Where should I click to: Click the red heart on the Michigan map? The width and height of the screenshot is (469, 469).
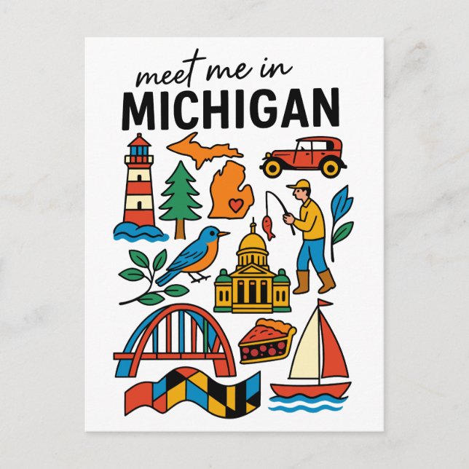[235, 205]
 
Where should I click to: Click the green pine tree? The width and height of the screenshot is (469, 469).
[180, 193]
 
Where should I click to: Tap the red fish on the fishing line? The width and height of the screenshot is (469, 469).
[268, 226]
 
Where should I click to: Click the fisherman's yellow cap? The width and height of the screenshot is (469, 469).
[296, 186]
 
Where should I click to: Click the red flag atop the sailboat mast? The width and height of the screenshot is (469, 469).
[324, 303]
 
